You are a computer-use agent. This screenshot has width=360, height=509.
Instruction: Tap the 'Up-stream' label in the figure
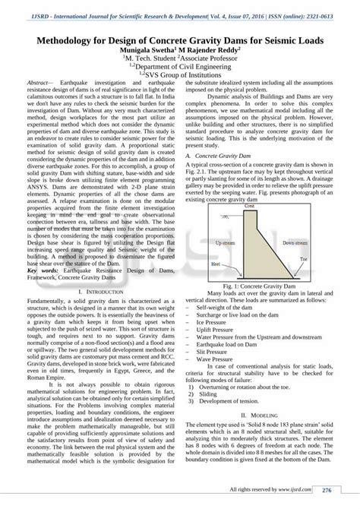click(x=226, y=242)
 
